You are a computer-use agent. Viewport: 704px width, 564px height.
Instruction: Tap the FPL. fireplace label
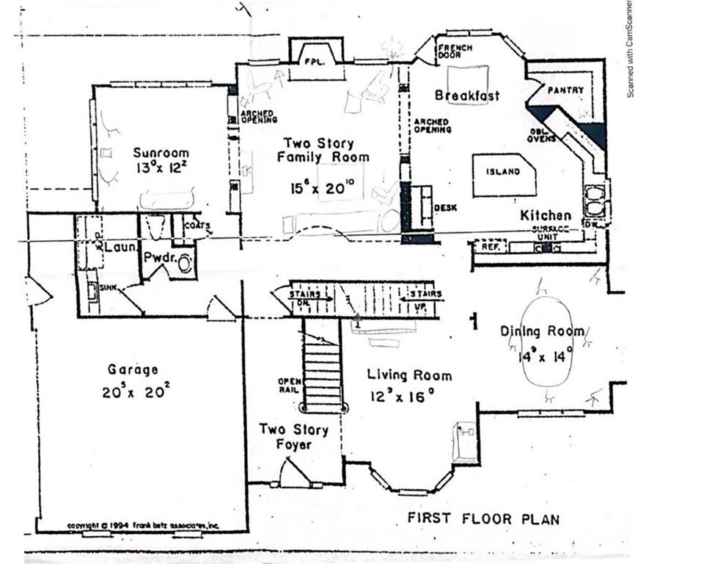[315, 62]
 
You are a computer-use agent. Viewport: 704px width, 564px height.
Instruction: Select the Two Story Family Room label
[319, 150]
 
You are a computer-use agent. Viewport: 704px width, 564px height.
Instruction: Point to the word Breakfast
[467, 95]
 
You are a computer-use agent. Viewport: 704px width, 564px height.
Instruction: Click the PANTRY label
[566, 90]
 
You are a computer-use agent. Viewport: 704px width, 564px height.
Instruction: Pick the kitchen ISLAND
[503, 173]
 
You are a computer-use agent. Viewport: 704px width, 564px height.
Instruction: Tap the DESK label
[445, 208]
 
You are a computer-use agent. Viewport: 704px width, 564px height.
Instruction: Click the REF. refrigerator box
[490, 247]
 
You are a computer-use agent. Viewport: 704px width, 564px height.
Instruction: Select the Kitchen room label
[546, 215]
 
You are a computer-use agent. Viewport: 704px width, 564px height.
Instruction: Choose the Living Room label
[409, 375]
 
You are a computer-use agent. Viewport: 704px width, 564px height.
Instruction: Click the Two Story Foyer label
[293, 437]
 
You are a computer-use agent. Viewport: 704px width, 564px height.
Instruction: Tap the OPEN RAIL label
[288, 386]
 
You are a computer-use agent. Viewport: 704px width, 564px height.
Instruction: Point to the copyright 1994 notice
[143, 526]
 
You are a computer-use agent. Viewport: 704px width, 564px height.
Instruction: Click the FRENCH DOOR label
[455, 52]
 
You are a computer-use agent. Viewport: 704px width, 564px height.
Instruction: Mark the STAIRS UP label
[421, 299]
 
